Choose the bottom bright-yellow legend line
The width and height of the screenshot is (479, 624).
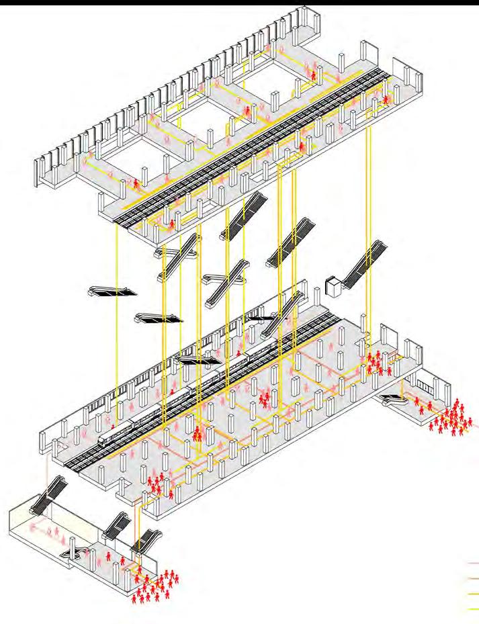click(472, 609)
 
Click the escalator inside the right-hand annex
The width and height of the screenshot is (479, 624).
click(394, 400)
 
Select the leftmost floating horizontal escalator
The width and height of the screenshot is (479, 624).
click(112, 291)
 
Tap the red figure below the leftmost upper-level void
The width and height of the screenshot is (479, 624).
click(136, 183)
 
